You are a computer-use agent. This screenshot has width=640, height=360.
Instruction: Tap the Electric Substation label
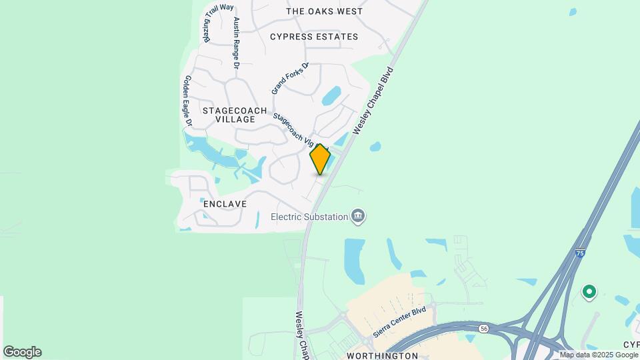pos(309,217)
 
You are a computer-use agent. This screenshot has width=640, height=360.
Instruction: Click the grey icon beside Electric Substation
pos(359,216)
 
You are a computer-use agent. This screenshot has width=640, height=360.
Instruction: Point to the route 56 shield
pos(483,329)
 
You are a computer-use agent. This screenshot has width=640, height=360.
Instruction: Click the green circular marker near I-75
pos(589,292)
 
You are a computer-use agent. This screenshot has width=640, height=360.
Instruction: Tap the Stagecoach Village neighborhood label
pos(235,115)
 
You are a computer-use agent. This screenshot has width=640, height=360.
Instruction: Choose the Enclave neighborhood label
pos(225,204)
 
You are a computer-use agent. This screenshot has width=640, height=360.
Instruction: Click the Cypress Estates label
pos(314,37)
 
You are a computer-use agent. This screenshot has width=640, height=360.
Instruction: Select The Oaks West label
pos(324,11)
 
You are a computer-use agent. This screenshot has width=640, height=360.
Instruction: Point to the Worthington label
pos(382,356)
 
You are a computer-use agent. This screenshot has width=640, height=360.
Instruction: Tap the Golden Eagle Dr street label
pos(187,101)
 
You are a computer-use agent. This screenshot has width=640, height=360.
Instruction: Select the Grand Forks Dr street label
pos(290,79)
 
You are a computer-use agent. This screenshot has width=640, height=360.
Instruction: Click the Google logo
pos(22,352)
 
